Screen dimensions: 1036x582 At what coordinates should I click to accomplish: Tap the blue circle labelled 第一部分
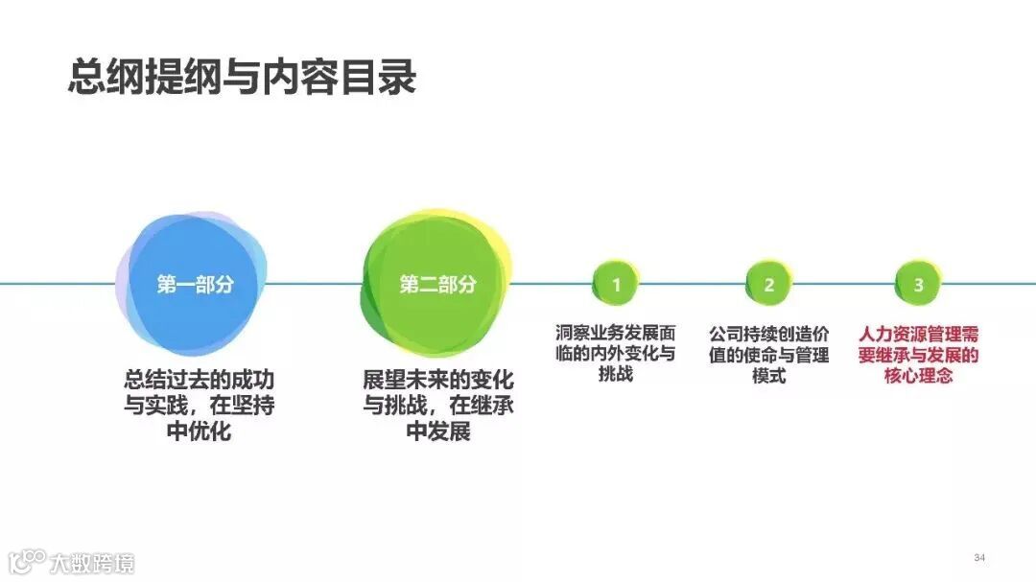195,284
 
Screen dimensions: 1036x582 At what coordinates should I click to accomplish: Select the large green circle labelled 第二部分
437,284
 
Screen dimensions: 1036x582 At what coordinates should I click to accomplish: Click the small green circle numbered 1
617,284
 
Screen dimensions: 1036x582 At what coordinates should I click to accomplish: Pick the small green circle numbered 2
768,284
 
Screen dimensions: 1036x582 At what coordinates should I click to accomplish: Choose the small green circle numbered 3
918,284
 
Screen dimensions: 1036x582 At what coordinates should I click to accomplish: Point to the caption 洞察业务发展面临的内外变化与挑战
616,354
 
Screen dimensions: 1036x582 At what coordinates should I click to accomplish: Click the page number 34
979,558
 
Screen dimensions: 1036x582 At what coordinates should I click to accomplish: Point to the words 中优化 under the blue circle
200,431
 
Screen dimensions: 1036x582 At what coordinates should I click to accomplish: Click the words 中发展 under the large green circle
437,431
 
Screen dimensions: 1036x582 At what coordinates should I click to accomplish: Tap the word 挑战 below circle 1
616,375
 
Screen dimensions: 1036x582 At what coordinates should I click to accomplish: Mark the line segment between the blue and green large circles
315,284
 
